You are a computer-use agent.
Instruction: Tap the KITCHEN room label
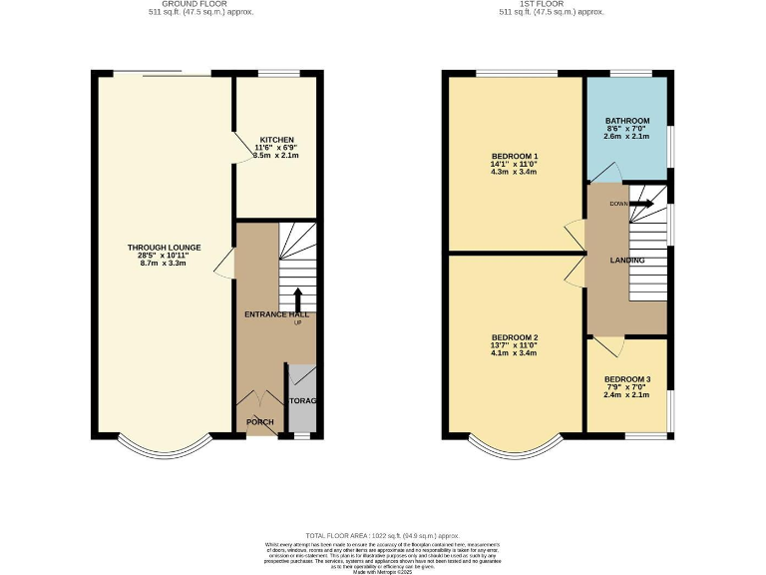[x=276, y=140]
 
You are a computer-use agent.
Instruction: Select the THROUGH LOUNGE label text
[x=165, y=248]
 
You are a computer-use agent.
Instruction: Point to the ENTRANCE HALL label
[x=276, y=314]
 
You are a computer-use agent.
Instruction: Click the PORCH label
[x=259, y=422]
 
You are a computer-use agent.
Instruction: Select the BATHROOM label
[x=626, y=121]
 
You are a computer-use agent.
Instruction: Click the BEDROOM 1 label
[x=515, y=156]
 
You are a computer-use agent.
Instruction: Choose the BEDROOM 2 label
[x=515, y=336]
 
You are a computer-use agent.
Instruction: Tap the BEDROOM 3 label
[x=626, y=379]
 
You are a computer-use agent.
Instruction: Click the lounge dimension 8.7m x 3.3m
[x=165, y=263]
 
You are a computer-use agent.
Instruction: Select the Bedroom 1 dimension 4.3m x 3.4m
[x=515, y=172]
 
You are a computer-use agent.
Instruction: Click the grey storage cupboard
[x=302, y=399]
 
